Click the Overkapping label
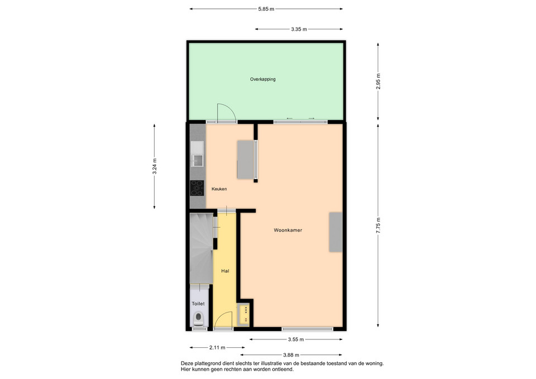[262, 79]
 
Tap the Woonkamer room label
[288, 231]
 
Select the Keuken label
[219, 189]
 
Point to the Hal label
[225, 271]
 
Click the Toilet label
[198, 304]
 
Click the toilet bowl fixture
[198, 319]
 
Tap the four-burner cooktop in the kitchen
[197, 188]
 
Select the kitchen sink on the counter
[197, 154]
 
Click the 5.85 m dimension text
[266, 9]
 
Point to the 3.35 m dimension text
[299, 30]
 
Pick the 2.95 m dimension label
[378, 81]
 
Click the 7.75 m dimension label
[378, 226]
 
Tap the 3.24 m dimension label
[155, 166]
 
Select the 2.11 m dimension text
[217, 348]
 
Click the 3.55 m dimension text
[296, 339]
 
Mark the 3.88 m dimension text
[291, 355]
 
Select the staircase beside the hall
[202, 248]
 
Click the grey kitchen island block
[246, 160]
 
